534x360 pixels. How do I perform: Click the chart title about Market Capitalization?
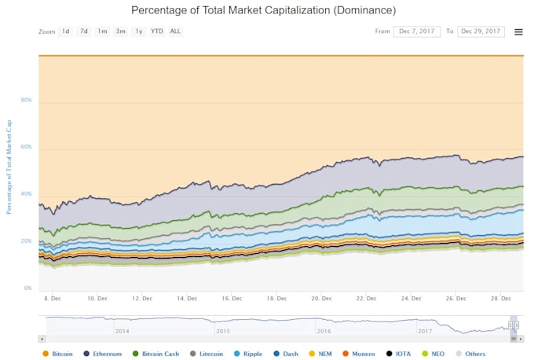click(x=263, y=10)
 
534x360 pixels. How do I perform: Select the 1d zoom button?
click(x=66, y=31)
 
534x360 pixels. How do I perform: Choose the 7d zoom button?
click(x=84, y=31)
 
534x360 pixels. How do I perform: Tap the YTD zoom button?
click(x=157, y=31)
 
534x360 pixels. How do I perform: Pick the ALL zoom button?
click(x=175, y=31)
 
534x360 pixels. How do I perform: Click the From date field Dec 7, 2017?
click(x=417, y=31)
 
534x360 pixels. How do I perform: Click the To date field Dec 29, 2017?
click(x=481, y=31)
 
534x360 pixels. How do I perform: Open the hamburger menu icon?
click(x=518, y=32)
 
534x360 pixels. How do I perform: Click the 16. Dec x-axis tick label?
click(x=232, y=299)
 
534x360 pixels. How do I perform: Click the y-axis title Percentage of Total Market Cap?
click(x=9, y=167)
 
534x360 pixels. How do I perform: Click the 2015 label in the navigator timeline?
click(x=224, y=331)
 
